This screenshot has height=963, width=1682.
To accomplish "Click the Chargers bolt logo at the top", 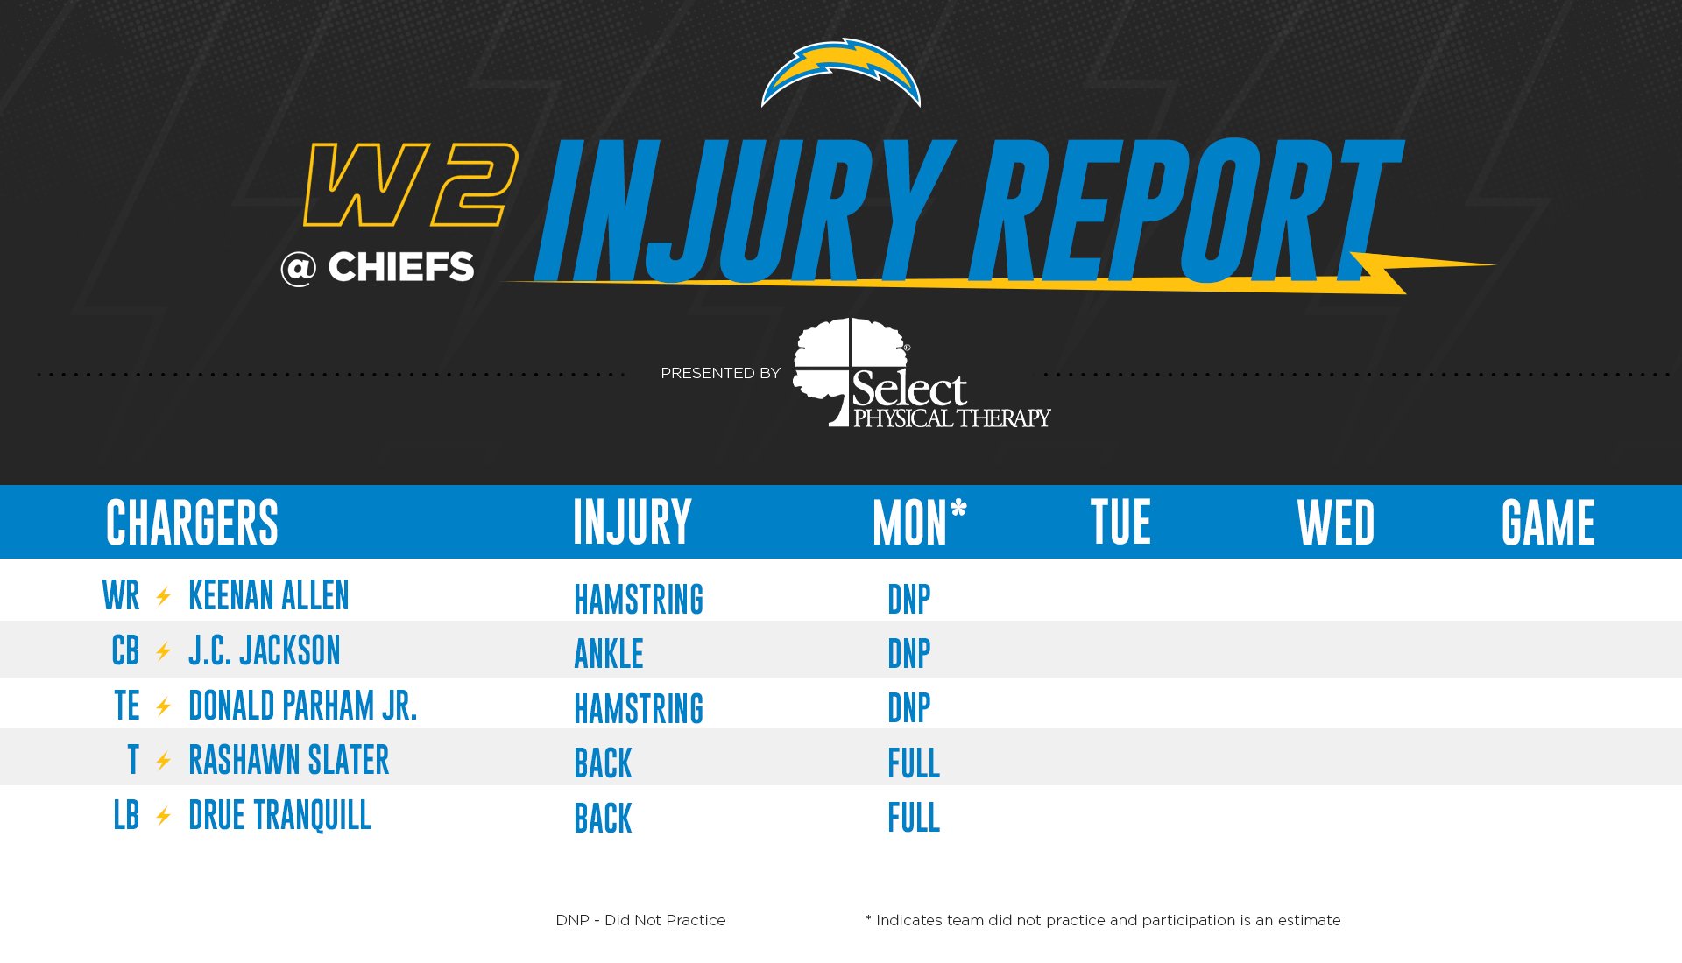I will pos(841,72).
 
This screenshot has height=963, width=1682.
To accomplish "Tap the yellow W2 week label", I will pos(410,185).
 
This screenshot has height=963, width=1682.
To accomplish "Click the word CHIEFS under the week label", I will pos(400,267).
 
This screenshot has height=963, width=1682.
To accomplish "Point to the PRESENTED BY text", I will pos(720,373).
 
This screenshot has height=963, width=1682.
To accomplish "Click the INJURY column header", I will pos(633,522).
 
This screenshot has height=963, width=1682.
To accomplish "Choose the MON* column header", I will pos(919,522).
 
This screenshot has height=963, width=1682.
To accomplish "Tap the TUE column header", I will pos(1120,522).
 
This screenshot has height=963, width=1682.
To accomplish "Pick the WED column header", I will pos(1336,522).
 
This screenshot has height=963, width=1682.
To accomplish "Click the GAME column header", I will pos(1548,522).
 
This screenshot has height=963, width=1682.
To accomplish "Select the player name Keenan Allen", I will pos(268,595).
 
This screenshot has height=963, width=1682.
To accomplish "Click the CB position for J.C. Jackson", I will pos(125,650).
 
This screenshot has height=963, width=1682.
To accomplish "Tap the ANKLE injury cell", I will pos(608,654).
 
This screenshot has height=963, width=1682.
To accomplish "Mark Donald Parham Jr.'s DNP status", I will pos(908,708).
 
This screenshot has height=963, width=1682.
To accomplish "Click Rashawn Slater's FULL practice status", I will pos(913,763).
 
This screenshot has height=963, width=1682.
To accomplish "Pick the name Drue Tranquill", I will pos(279,815).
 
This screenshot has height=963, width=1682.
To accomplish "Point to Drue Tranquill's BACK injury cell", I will pos(603,819).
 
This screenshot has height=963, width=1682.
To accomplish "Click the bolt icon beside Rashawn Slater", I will pos(163,761).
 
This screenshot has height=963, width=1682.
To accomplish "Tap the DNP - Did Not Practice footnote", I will pos(640,920).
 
